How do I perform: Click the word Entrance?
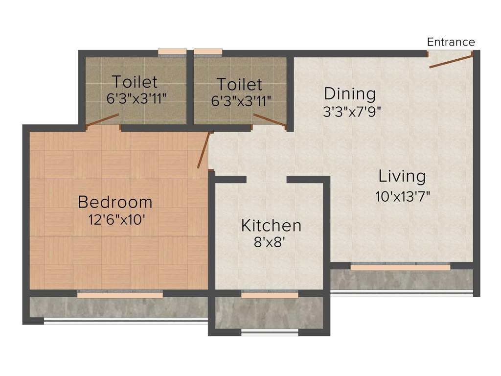tap(451, 42)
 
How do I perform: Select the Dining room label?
tap(350, 93)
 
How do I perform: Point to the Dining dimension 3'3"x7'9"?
tap(351, 112)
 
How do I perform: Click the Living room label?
tap(402, 176)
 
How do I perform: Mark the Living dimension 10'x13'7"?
tap(403, 197)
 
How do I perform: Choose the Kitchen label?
tap(271, 226)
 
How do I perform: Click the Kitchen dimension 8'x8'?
tap(270, 242)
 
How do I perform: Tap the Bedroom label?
tap(115, 202)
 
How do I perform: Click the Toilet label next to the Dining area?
tap(239, 84)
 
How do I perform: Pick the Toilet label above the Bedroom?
tap(135, 81)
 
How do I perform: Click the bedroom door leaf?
tap(204, 150)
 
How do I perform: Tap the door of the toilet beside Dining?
tap(269, 120)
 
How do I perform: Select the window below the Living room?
tap(400, 267)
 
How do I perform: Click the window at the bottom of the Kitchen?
tap(270, 295)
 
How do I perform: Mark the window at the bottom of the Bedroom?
tap(120, 295)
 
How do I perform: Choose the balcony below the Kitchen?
tap(270, 313)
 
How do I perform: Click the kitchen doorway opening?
tap(266, 180)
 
